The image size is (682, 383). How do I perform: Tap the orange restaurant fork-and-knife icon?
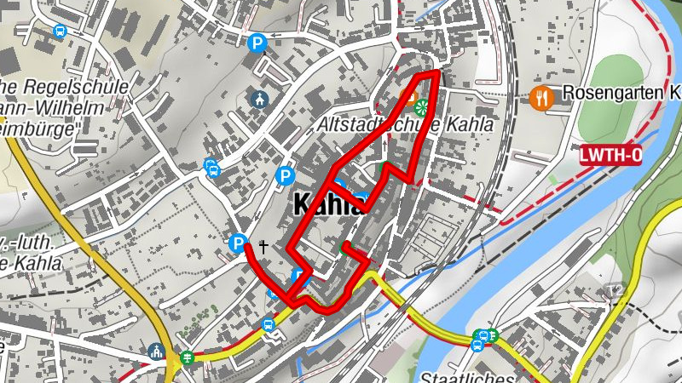(540, 97)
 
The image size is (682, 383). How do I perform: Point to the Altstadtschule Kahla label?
(405, 124)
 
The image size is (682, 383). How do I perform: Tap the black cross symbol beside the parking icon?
(263, 248)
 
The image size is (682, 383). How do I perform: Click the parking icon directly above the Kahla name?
(286, 176)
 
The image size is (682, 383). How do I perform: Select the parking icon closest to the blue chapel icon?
(256, 43)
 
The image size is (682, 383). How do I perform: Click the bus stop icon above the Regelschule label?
(60, 31)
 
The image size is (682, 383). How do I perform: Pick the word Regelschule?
(77, 87)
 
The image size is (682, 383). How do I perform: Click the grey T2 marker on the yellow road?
(612, 291)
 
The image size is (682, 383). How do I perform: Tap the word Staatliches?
(465, 377)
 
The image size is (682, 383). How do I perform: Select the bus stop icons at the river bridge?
(483, 339)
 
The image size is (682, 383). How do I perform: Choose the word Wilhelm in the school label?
(77, 108)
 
